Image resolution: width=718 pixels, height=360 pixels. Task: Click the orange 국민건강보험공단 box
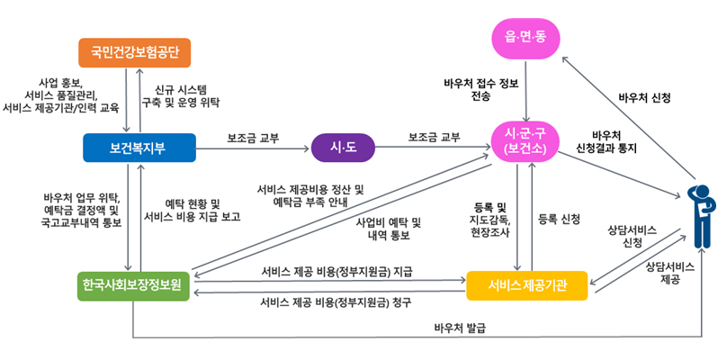click(x=135, y=52)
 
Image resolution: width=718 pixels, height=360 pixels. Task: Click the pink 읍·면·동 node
click(x=525, y=37)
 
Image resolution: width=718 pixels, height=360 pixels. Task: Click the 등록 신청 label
click(x=558, y=219)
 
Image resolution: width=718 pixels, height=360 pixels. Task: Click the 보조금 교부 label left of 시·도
click(x=253, y=138)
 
